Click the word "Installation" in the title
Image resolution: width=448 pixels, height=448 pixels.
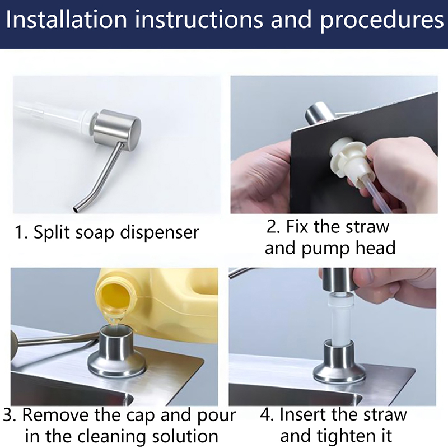tap(66, 20)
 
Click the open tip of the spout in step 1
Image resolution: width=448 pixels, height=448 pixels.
tap(75, 209)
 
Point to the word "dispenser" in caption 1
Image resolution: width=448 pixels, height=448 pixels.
tap(159, 232)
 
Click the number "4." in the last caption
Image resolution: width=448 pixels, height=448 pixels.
tap(267, 415)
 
